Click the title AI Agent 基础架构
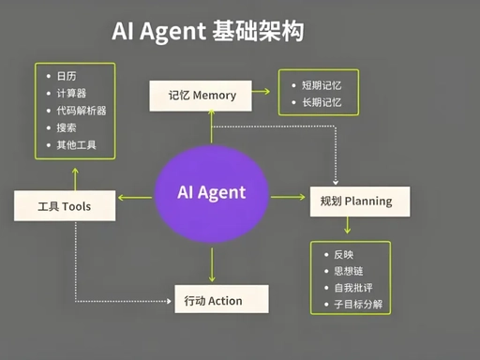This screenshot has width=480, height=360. pyautogui.click(x=207, y=31)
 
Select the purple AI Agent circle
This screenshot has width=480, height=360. pyautogui.click(x=212, y=194)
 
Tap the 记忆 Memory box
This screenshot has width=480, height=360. pyautogui.click(x=202, y=96)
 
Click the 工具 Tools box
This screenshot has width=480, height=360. pyautogui.click(x=64, y=205)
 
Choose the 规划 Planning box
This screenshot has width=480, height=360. pyautogui.click(x=350, y=201)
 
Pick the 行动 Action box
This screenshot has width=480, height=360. pyautogui.click(x=221, y=300)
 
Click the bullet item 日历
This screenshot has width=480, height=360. pyautogui.click(x=67, y=75)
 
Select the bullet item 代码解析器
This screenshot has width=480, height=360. pyautogui.click(x=81, y=111)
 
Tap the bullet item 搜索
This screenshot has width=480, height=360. pyautogui.click(x=67, y=127)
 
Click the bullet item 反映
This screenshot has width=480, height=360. pyautogui.click(x=344, y=254)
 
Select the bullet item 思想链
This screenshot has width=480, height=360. pyautogui.click(x=348, y=271)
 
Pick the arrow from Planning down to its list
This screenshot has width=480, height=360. pyautogui.click(x=348, y=226)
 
